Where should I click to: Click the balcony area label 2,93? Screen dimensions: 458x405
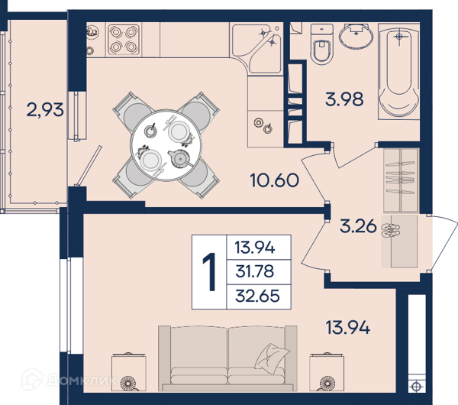click(45, 110)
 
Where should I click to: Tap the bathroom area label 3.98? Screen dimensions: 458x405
click(344, 99)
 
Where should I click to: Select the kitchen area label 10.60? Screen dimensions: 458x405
click(275, 180)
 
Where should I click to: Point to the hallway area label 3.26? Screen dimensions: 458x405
click(359, 226)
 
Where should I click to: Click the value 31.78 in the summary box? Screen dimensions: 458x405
click(255, 271)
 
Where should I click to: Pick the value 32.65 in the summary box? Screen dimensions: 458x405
click(258, 296)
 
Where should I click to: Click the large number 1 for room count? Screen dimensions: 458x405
click(209, 272)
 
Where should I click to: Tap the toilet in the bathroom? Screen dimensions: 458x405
click(321, 44)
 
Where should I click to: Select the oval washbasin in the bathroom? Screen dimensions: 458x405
click(356, 36)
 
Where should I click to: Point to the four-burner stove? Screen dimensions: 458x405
click(124, 40)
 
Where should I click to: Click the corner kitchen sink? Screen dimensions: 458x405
click(256, 49)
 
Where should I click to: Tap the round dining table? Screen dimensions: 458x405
click(166, 145)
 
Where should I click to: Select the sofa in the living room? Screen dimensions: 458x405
click(227, 358)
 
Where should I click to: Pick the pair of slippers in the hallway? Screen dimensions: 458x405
click(391, 231)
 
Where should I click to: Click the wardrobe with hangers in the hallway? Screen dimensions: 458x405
click(402, 180)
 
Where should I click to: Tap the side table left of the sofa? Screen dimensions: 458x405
click(129, 371)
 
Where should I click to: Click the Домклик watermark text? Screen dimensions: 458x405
click(82, 380)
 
